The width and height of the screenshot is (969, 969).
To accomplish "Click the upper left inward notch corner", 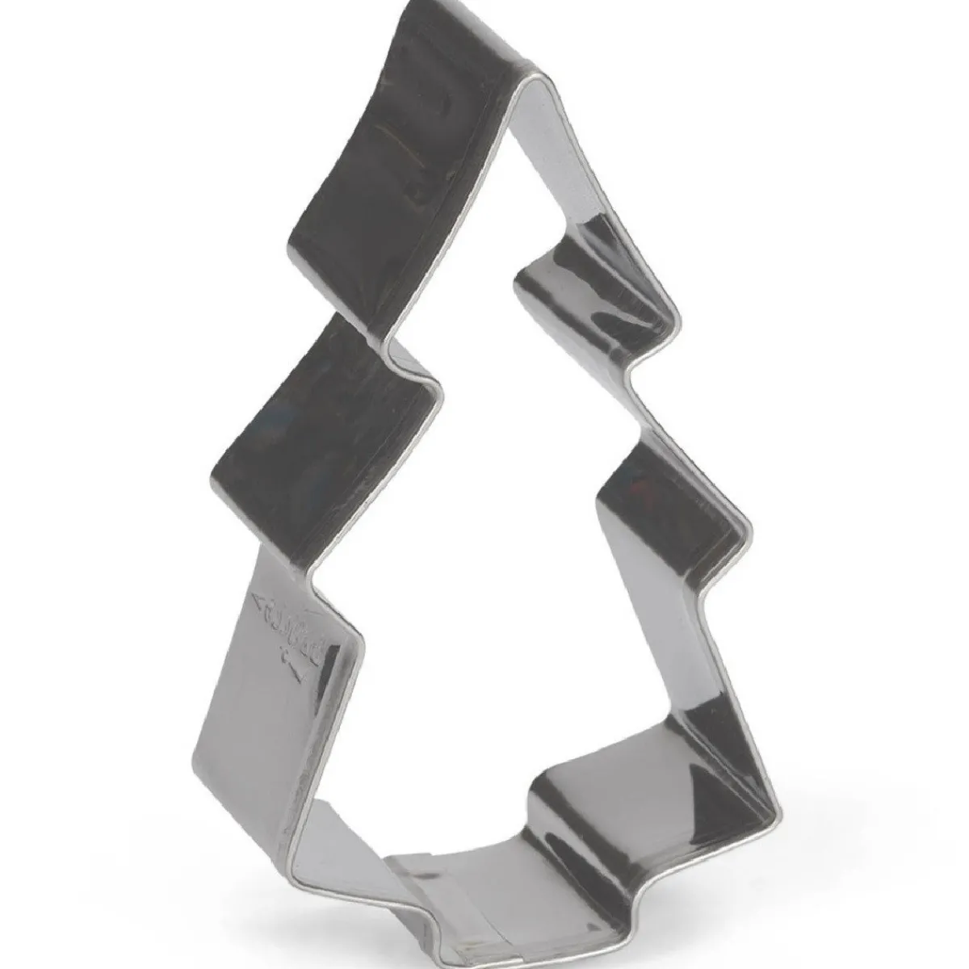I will (x=440, y=388).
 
